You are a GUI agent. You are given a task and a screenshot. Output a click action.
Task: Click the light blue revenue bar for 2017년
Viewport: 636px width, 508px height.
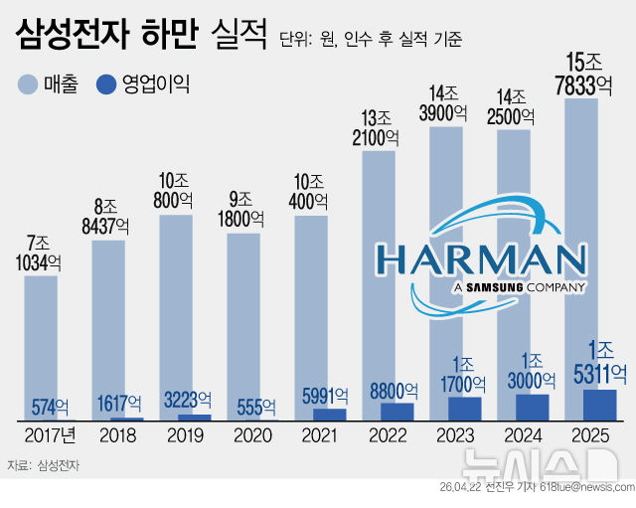[41, 338]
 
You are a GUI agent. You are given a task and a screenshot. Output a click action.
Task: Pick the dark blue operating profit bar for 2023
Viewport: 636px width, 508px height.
[464, 408]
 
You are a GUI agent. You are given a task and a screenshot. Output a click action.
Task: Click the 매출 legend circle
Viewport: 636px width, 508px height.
[28, 85]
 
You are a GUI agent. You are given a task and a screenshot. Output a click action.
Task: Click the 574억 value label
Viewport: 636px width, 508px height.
[48, 406]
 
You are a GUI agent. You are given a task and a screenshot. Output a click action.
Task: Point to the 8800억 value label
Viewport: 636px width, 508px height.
[388, 390]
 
